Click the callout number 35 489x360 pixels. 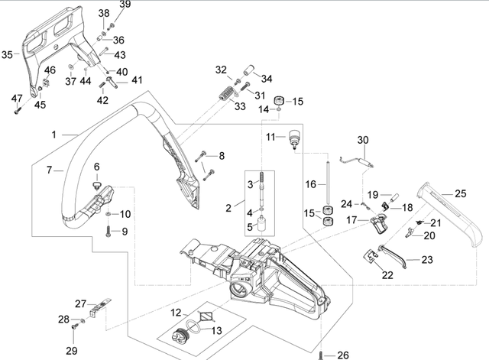(7, 54)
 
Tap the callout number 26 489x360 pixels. (342, 354)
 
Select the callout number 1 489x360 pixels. (54, 135)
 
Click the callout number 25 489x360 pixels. (461, 193)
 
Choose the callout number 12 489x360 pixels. (175, 312)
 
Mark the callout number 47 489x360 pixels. (16, 97)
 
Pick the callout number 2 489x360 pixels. (228, 207)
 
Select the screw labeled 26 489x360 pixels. (326, 354)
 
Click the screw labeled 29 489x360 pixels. (76, 326)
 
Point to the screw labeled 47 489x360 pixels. (16, 111)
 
